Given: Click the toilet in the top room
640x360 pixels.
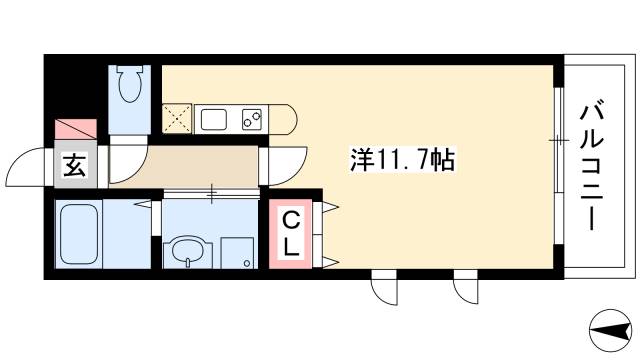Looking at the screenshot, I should pos(129,87).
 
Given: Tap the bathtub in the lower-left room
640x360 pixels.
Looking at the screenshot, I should pos(77,235).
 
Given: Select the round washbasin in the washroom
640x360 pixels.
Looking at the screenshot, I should pos(187,250).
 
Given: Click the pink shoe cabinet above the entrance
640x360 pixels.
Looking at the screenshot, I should pos(75,129).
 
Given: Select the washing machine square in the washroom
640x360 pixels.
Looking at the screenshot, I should pos(237,251).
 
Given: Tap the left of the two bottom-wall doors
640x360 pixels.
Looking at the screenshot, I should pos(385,288).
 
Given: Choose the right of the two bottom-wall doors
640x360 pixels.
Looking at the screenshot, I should pos(467,288).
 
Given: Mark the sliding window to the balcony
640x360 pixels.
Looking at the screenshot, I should pos(555,140).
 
